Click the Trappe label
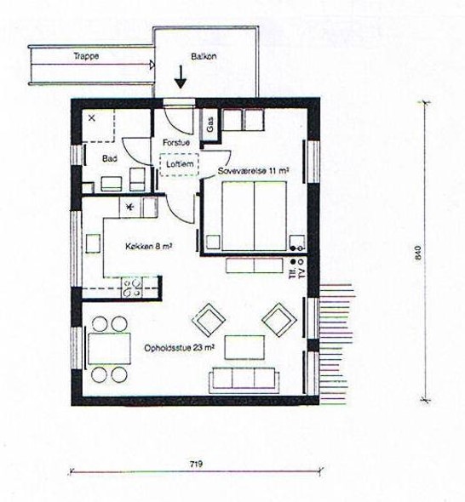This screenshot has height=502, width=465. [x=87, y=56]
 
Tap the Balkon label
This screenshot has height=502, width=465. [x=204, y=56]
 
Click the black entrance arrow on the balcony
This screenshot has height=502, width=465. [x=181, y=77]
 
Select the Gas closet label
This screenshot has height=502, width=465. [x=210, y=124]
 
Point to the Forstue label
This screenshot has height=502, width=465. [x=176, y=142]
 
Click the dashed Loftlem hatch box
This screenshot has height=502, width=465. [x=179, y=164]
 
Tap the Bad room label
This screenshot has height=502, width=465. [x=110, y=158]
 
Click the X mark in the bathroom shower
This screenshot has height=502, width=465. [x=92, y=117]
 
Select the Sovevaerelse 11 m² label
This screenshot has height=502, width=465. [x=252, y=171]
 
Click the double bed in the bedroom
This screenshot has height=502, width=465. [x=254, y=216]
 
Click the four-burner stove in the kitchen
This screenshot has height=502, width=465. [x=132, y=288]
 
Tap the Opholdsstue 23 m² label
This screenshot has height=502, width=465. [x=180, y=348]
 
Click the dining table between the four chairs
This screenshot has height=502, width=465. [x=109, y=348]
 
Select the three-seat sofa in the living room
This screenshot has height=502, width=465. [x=242, y=380]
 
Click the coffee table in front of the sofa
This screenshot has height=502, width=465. [x=244, y=347]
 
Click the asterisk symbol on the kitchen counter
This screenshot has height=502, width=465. [x=131, y=208]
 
